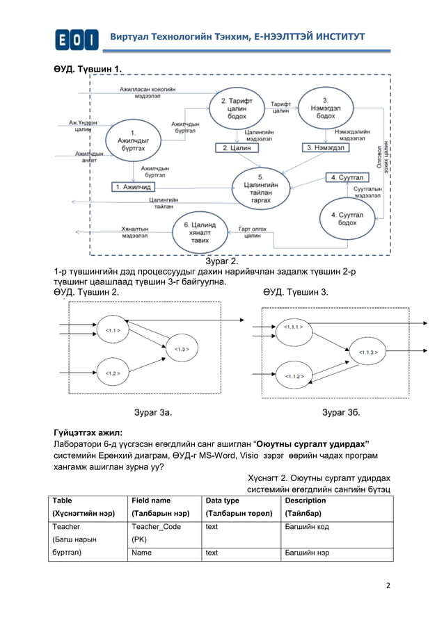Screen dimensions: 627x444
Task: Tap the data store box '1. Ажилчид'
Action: click(133, 186)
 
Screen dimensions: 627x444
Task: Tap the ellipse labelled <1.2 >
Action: click(111, 373)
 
